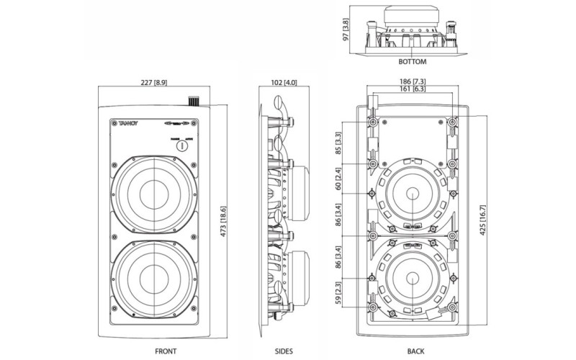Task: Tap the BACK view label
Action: pyautogui.click(x=415, y=351)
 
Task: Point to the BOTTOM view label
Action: pyautogui.click(x=409, y=62)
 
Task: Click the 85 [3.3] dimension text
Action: pyautogui.click(x=341, y=143)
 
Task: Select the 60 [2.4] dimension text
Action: pyautogui.click(x=341, y=177)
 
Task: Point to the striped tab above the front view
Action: pyautogui.click(x=192, y=101)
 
